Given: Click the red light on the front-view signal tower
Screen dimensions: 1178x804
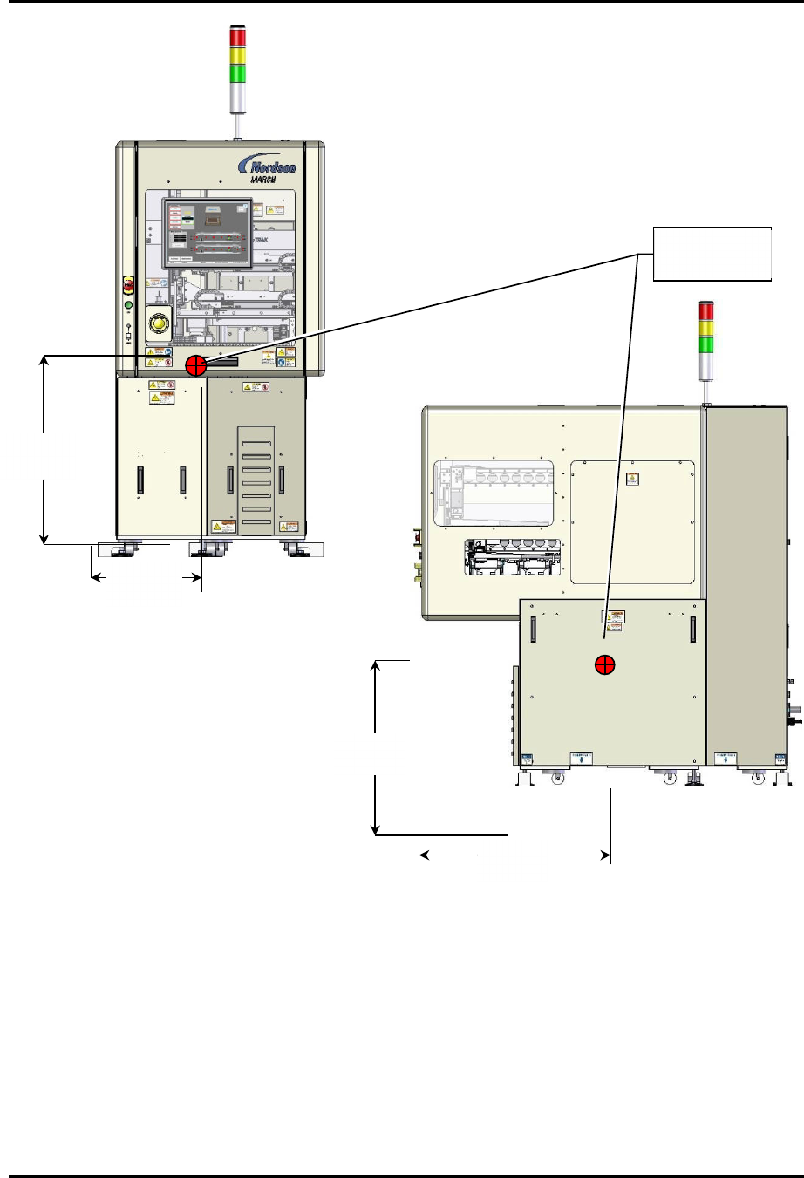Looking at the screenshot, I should pyautogui.click(x=237, y=37).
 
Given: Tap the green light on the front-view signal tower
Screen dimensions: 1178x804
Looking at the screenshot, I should pyautogui.click(x=237, y=73).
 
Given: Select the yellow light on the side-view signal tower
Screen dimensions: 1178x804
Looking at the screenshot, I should pyautogui.click(x=707, y=328).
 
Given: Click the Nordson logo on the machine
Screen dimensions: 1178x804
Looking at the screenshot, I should pyautogui.click(x=273, y=167).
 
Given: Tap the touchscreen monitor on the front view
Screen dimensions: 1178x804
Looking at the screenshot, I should pyautogui.click(x=208, y=233).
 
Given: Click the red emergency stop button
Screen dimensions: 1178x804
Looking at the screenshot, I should pyautogui.click(x=128, y=285).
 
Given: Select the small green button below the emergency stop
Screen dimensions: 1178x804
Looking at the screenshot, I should pyautogui.click(x=128, y=305).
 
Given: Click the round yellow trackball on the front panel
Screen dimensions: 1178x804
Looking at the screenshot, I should pyautogui.click(x=158, y=325).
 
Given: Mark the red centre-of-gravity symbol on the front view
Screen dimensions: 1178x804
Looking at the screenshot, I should pyautogui.click(x=196, y=364).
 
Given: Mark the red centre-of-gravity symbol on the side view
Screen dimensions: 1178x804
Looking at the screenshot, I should pyautogui.click(x=604, y=665).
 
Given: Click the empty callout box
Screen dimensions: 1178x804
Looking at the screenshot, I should pyautogui.click(x=712, y=254).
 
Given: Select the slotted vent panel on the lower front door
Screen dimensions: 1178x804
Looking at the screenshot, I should pyautogui.click(x=256, y=480).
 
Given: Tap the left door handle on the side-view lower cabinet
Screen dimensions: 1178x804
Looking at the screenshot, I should pyautogui.click(x=531, y=630).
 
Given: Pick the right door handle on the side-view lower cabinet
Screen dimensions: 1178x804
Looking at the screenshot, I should pyautogui.click(x=693, y=630).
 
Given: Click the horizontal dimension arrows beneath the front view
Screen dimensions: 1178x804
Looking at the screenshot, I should pyautogui.click(x=146, y=577).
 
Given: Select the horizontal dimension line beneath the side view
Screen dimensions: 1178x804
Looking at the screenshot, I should pyautogui.click(x=514, y=855).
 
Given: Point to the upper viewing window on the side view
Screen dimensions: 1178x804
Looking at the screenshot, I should pyautogui.click(x=494, y=494).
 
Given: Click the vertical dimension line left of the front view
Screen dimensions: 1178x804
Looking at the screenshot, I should pyautogui.click(x=44, y=450).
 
